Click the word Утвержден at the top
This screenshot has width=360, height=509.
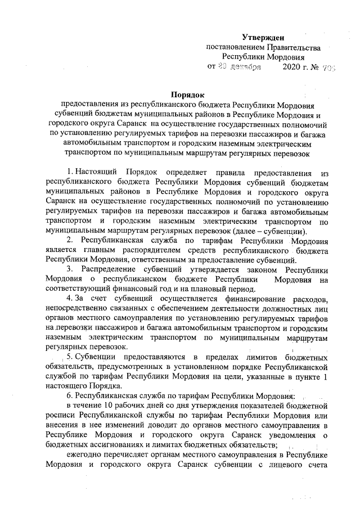(267, 36)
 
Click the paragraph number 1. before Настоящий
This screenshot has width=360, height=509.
(70, 170)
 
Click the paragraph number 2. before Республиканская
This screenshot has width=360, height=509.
(70, 241)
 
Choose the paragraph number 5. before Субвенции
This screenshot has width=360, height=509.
(70, 358)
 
